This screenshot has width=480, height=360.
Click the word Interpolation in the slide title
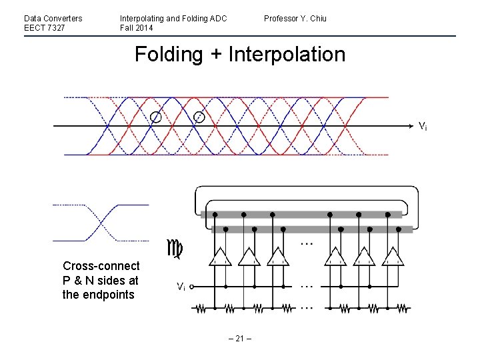point(287,54)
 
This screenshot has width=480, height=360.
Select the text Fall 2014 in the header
point(137,28)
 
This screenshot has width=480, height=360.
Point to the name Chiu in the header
point(317,18)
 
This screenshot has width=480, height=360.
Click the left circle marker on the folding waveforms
point(155,117)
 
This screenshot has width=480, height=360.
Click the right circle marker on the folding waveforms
point(199,117)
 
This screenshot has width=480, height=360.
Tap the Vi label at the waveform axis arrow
point(423,125)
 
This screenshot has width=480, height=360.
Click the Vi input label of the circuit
point(181,287)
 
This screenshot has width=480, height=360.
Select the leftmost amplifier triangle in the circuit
point(220,257)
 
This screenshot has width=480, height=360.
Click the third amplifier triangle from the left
point(277,257)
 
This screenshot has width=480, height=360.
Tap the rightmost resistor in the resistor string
point(400,309)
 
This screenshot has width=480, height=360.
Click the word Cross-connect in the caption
point(101,266)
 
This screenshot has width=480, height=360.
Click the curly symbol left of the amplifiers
point(175,249)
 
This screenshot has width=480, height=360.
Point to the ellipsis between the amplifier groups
point(306,244)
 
